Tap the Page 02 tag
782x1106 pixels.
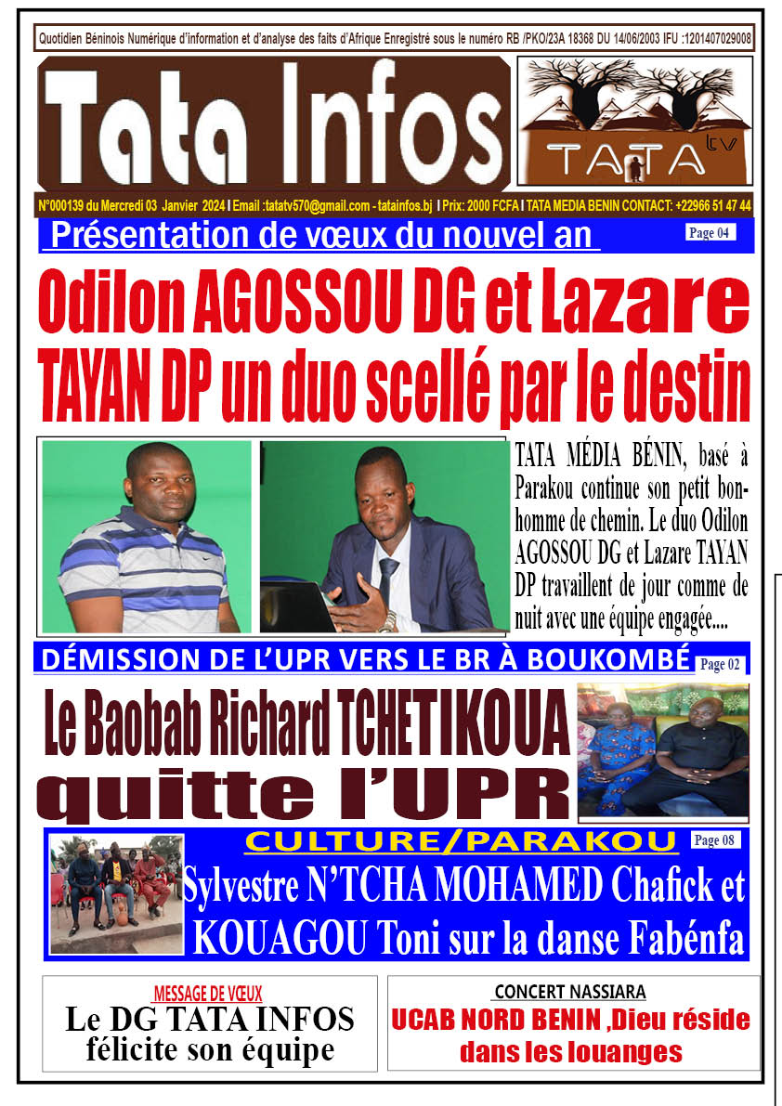(720, 664)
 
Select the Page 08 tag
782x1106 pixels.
(716, 840)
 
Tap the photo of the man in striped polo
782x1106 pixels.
(146, 537)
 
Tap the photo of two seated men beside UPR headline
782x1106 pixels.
(662, 750)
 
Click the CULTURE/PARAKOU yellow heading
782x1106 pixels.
(461, 842)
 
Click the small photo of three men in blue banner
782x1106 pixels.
(116, 893)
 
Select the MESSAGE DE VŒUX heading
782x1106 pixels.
(209, 993)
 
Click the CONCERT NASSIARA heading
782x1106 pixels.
(569, 992)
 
